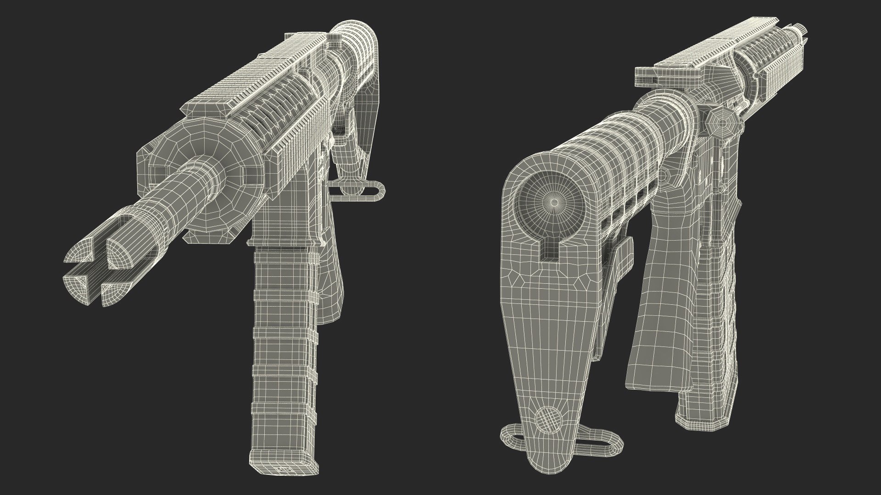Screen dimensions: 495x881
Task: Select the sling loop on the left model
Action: tap(362, 190)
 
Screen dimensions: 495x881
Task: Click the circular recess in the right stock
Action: tap(554, 202)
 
